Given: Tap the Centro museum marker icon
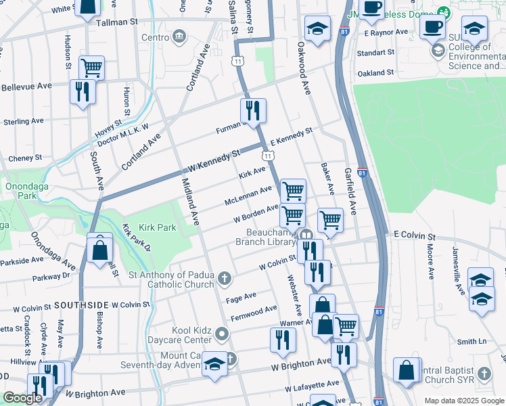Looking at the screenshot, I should click(x=179, y=36).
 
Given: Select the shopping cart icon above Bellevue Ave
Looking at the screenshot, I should click(x=91, y=67).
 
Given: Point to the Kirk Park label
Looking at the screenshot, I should click(x=157, y=228).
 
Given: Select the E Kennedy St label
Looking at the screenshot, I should click(x=291, y=137).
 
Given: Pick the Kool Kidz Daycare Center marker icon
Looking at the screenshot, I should click(x=224, y=334).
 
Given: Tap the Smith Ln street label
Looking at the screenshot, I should click(x=471, y=342).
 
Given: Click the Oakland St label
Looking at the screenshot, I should click(x=375, y=72).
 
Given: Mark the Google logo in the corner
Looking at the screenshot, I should click(x=22, y=398).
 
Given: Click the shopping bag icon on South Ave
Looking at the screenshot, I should click(x=99, y=248).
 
